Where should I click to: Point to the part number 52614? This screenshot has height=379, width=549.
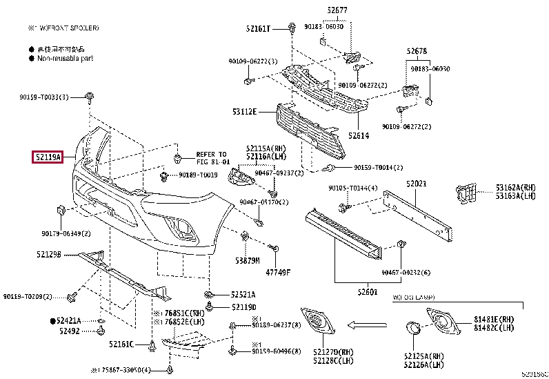pos(359,136)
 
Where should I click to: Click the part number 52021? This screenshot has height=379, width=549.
pos(417,184)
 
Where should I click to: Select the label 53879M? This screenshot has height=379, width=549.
pos(246,261)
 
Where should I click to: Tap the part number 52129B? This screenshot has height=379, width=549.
pos(49,254)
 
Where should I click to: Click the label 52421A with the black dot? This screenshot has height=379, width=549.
pos(68,321)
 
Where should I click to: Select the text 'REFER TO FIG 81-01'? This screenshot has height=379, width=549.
pos(211,158)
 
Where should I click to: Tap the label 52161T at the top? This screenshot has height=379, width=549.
pos(259,28)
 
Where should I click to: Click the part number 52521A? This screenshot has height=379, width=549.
pos(243,293)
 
